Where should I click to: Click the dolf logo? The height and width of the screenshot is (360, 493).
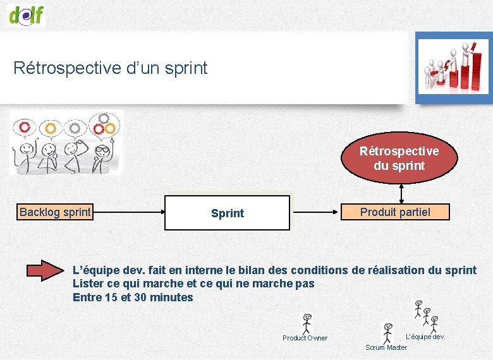coord(27,14)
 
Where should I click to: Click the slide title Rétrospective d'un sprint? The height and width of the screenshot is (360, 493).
coord(111,68)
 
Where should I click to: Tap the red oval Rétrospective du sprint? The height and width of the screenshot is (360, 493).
coord(399,159)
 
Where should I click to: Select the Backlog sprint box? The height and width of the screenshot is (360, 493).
coord(55,212)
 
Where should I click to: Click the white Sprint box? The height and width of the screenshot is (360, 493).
coord(227,213)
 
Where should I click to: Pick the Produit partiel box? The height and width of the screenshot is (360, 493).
coord(395,212)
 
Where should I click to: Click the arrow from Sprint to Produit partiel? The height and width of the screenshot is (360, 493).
coord(315,213)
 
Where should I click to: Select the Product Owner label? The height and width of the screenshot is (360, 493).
coord(305,338)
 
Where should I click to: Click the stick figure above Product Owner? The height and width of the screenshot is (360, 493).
coord(307,323)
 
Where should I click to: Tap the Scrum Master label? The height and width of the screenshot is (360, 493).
coord(386,347)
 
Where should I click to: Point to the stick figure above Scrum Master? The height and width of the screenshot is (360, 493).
coord(388,333)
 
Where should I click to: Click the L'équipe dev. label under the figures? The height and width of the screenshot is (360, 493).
coord(425,337)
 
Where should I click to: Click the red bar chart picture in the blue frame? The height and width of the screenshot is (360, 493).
coord(452,67)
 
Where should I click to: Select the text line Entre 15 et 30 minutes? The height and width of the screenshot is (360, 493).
coord(133,297)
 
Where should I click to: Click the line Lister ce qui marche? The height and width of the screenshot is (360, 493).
coord(193,284)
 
